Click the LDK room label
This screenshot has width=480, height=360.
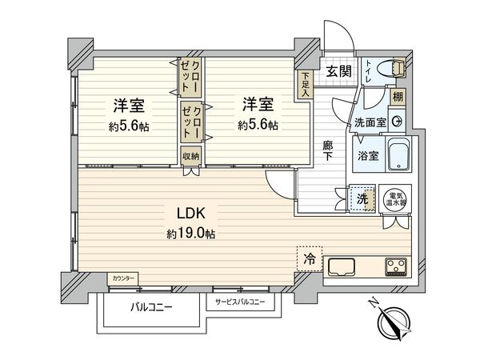coord(191,214)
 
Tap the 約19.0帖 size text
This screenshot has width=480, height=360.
coord(190,234)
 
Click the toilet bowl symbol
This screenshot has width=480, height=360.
coord(393,68)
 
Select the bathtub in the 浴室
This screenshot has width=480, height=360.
coord(399,154)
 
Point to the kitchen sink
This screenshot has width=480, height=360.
coord(342,266)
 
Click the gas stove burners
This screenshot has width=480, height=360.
coord(397,266)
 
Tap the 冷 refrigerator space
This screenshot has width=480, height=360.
coord(309,259)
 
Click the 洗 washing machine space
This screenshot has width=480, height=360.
coord(362,198)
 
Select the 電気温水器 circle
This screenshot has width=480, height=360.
coord(395,198)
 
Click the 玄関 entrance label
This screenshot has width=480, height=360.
coord(338,72)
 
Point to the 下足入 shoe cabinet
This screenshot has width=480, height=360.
coord(305,85)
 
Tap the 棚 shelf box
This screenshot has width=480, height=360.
coord(398,97)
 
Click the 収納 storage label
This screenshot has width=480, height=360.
coord(190,156)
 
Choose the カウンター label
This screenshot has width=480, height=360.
coord(123,278)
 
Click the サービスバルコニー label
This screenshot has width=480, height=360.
coord(240,302)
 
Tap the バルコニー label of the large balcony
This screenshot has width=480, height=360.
coord(151,306)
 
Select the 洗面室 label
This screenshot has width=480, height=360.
coord(370,122)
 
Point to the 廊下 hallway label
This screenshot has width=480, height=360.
coord(328,151)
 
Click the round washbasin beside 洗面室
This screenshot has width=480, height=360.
coord(397,122)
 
